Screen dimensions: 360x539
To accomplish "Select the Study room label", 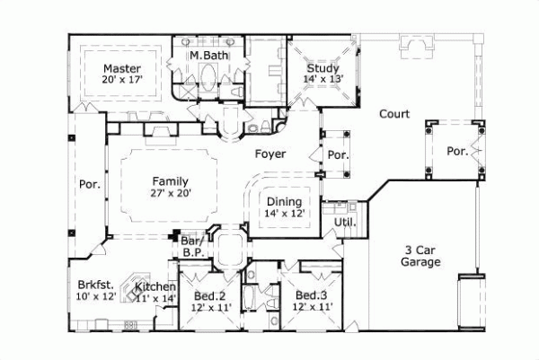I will (322, 67).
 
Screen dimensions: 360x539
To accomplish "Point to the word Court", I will (393, 114).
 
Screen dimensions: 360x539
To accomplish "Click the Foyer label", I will (269, 154).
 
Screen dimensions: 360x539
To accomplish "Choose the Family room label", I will (171, 180).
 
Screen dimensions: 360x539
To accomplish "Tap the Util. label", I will (345, 222).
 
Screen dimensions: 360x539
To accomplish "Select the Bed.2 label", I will (210, 295).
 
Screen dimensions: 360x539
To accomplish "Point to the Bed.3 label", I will (311, 295).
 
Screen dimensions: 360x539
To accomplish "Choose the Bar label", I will (190, 241).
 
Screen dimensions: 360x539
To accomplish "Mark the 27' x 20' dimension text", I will (171, 191).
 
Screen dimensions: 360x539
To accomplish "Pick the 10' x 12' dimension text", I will (96, 297).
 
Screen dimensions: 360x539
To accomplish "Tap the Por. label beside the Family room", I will (89, 186).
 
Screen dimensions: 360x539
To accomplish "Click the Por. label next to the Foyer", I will (338, 154).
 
